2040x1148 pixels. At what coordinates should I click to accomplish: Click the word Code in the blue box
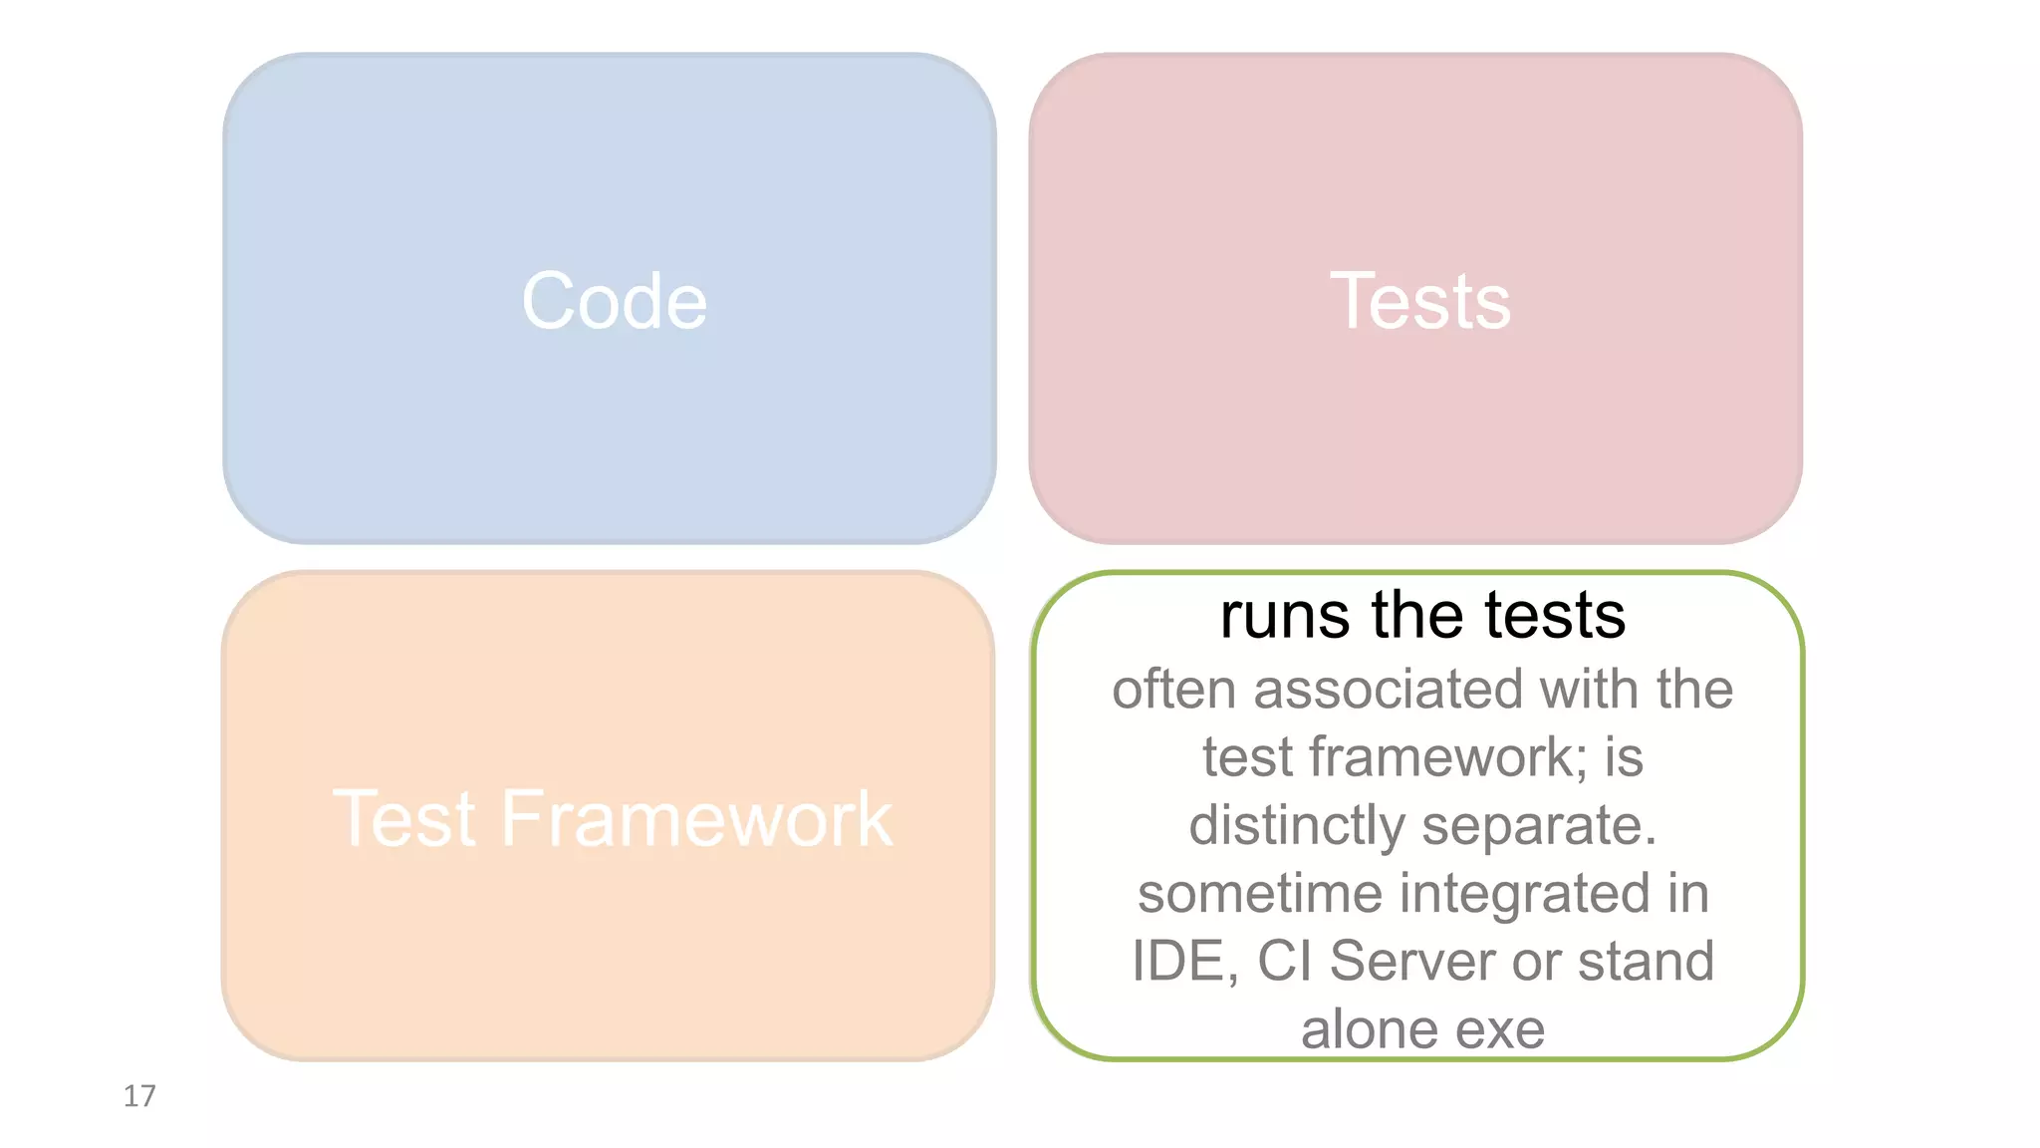coord(614,301)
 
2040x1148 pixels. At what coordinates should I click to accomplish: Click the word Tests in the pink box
coord(1420,301)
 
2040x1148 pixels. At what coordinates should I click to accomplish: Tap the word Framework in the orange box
coord(696,819)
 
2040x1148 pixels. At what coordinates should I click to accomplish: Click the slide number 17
coord(139,1096)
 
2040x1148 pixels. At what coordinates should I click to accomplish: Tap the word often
coord(1173,690)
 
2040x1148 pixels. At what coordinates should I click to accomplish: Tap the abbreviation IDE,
coord(1185,962)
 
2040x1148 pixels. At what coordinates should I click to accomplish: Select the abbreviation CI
coord(1284,962)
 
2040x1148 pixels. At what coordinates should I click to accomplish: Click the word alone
coord(1368,1029)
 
